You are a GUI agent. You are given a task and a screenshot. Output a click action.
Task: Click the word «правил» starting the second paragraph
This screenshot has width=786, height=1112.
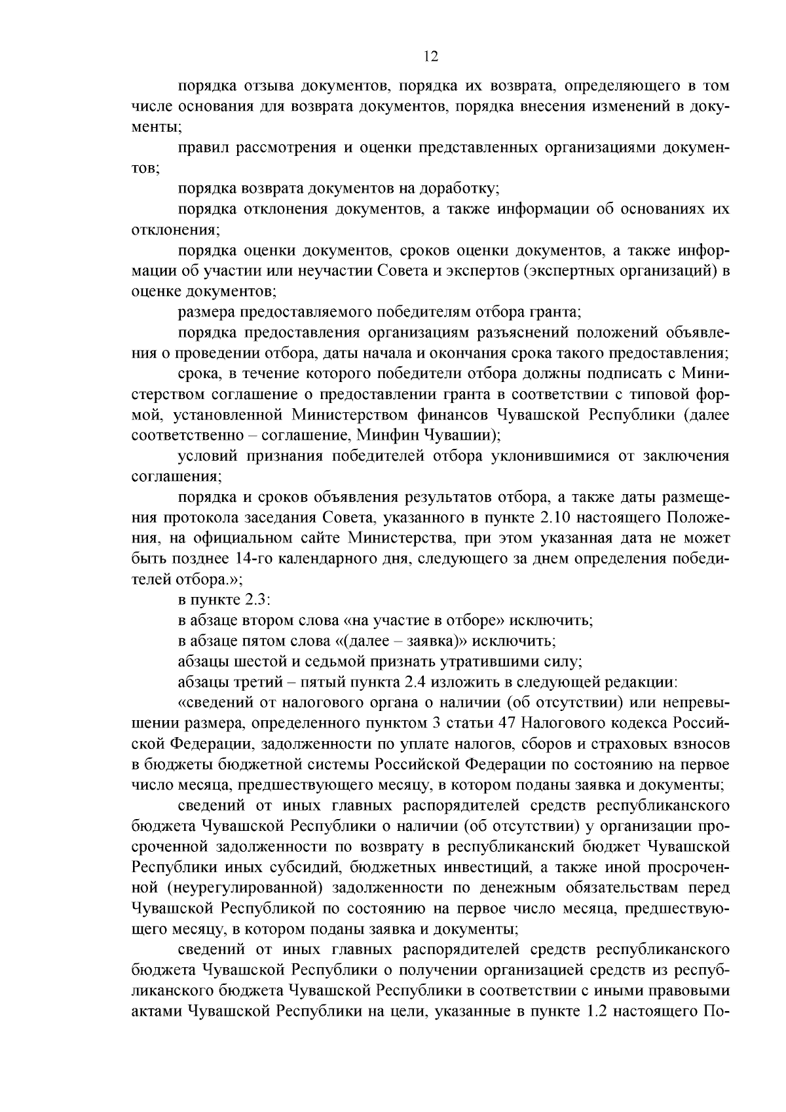199,148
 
